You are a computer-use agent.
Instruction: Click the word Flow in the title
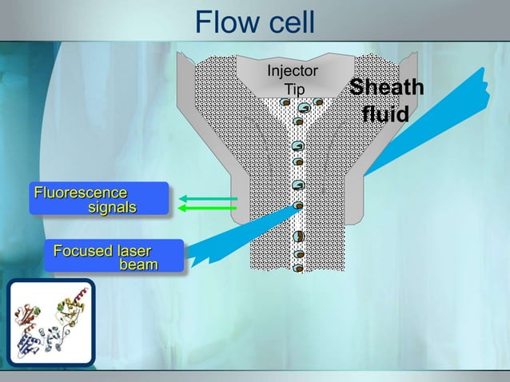pyautogui.click(x=225, y=22)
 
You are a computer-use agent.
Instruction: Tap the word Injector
pyautogui.click(x=292, y=71)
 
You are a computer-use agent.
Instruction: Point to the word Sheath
pyautogui.click(x=387, y=89)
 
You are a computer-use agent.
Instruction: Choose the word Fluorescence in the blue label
pyautogui.click(x=80, y=193)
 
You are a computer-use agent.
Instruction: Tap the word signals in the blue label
pyautogui.click(x=112, y=207)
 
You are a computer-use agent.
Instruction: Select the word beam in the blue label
pyautogui.click(x=138, y=265)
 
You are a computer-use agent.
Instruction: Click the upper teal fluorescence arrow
pyautogui.click(x=208, y=197)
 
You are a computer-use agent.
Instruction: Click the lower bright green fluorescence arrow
pyautogui.click(x=208, y=208)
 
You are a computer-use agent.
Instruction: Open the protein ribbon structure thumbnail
pyautogui.click(x=50, y=321)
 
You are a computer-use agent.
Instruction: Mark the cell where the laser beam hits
pyautogui.click(x=298, y=205)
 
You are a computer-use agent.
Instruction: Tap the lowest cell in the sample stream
pyautogui.click(x=298, y=268)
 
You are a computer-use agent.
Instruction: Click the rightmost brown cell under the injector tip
pyautogui.click(x=318, y=101)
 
